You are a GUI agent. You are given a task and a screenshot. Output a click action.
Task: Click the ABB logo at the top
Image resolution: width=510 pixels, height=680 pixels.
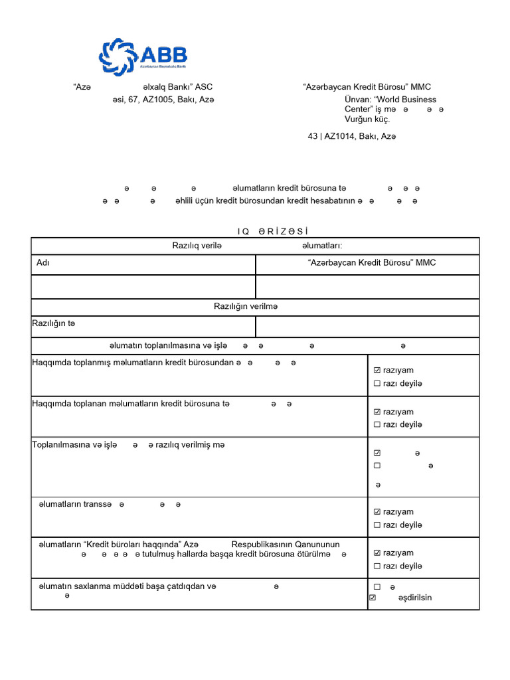click(143, 55)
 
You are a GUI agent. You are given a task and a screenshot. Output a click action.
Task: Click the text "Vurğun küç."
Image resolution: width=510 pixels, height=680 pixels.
click(367, 120)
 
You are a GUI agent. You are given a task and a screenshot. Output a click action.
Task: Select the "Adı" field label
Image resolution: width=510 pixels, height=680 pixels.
click(43, 263)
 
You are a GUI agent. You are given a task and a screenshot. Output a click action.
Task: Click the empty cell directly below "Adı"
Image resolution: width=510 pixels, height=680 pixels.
click(143, 287)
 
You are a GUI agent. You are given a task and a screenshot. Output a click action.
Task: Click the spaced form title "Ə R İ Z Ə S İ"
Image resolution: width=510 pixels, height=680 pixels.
click(273, 231)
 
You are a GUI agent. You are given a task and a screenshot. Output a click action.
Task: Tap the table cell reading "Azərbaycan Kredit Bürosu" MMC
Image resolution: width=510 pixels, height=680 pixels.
click(372, 263)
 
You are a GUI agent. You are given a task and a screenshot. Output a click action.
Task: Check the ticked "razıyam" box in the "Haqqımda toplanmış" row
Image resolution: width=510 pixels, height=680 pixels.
click(377, 371)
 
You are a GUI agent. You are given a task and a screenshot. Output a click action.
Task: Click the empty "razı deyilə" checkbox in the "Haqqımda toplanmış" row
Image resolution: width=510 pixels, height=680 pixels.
click(377, 384)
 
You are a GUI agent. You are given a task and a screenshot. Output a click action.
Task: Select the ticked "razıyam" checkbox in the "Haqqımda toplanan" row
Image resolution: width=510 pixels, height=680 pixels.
click(377, 412)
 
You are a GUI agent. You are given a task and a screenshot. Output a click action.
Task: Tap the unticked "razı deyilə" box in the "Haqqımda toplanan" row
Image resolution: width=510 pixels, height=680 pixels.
click(377, 425)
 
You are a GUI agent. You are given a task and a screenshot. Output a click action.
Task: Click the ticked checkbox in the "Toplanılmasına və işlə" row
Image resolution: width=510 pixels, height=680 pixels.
click(377, 453)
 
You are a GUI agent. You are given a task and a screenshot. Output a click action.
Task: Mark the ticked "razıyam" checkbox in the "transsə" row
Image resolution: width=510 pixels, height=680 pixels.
click(377, 512)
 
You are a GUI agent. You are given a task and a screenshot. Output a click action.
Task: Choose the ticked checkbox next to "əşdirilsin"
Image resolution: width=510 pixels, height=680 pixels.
click(372, 598)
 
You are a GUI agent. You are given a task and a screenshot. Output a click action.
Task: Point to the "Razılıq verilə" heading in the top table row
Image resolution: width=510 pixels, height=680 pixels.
click(196, 246)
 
